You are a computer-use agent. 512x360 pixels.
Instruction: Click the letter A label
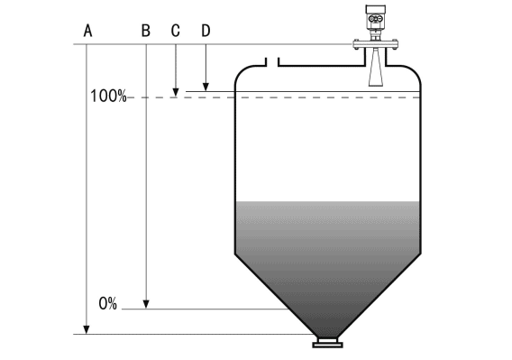(x=88, y=30)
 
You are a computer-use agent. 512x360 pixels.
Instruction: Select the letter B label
(x=145, y=30)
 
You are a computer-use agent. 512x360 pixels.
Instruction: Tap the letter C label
(x=176, y=30)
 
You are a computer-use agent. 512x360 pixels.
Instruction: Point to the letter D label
(x=206, y=30)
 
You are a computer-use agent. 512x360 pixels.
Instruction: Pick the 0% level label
(x=108, y=304)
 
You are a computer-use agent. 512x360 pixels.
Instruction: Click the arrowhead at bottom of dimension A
(x=87, y=330)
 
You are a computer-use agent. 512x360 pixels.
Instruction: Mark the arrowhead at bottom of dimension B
(x=145, y=304)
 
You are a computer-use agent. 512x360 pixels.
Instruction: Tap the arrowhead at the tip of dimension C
(x=176, y=92)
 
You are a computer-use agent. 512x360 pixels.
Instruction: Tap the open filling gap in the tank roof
(x=272, y=63)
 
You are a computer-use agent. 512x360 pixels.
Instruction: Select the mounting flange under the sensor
(x=373, y=44)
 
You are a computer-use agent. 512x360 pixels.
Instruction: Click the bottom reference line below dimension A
(x=198, y=335)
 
